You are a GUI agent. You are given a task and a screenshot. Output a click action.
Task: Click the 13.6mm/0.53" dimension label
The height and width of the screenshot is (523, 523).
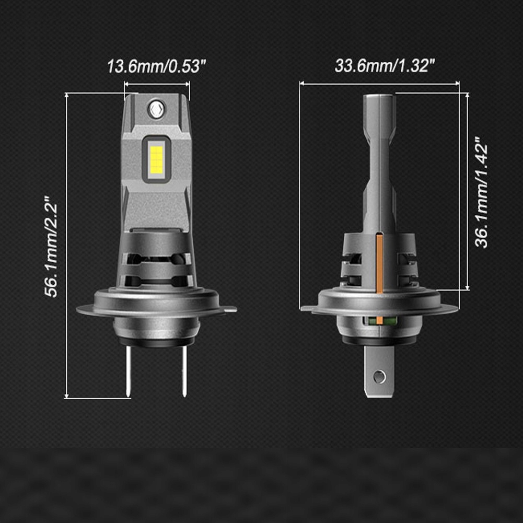[157, 67]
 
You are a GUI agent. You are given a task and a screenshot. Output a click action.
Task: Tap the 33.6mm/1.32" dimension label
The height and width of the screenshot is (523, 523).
[385, 66]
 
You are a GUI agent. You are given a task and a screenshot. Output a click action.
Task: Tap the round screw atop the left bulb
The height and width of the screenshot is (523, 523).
[155, 108]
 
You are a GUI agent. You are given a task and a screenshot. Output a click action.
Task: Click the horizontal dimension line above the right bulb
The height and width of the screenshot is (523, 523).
[379, 83]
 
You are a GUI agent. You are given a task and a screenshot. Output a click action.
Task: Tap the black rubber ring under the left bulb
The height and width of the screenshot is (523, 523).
[155, 344]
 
